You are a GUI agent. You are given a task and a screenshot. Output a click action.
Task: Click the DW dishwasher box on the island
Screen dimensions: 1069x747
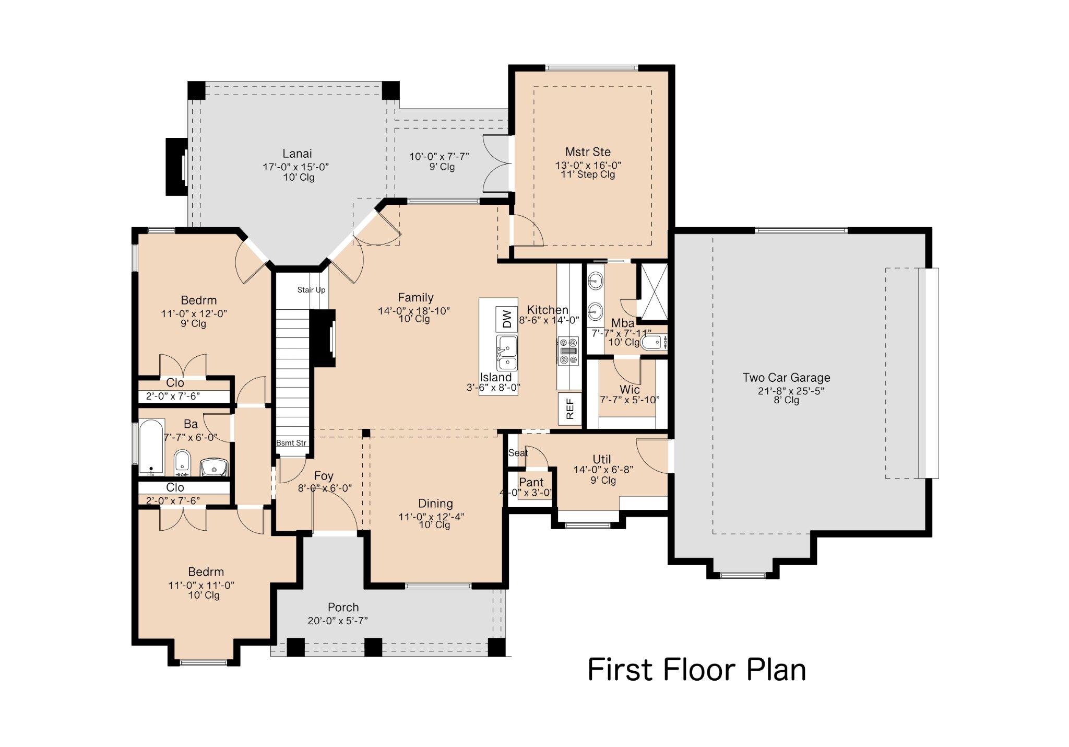point(506,319)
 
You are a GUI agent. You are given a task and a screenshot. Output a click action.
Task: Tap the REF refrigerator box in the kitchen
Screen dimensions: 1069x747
point(569,408)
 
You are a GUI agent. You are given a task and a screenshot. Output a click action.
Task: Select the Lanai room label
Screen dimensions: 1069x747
point(297,154)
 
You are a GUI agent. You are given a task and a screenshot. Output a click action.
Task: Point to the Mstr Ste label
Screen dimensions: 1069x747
point(588,152)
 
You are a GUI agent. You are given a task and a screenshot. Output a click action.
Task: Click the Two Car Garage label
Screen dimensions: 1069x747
point(786,378)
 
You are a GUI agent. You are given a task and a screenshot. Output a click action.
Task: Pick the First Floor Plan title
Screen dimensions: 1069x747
point(697,670)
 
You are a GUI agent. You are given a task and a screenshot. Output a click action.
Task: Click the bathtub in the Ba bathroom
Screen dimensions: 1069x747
point(151,447)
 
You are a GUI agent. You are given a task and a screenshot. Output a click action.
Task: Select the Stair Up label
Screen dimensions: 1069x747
point(311,290)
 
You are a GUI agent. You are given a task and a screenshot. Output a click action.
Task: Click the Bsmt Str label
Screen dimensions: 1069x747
point(291,443)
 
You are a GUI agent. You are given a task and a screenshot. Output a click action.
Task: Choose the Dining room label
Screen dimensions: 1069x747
point(435,504)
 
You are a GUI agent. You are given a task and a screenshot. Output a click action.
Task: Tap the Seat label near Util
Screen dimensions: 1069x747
point(518,453)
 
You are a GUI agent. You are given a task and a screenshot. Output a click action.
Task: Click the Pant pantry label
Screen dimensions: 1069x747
point(531,482)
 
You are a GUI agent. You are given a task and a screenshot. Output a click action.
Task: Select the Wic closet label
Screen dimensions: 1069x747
point(629,390)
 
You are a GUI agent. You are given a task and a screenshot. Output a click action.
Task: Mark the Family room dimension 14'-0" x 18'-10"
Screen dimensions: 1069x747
point(414,311)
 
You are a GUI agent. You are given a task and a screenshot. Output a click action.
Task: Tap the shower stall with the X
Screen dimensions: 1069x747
point(654,291)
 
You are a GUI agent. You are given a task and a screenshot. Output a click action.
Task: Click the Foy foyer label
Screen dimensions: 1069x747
point(324,476)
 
